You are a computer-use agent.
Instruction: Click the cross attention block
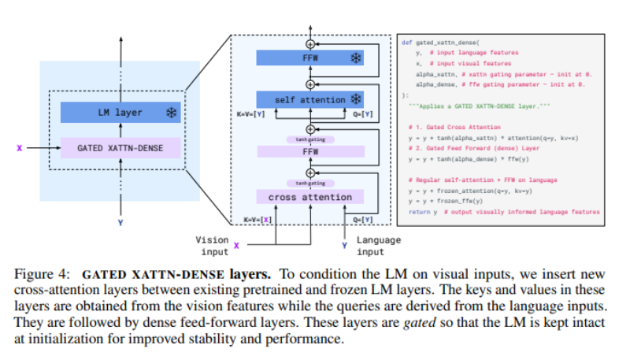(310, 196)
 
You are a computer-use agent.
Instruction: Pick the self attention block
(310, 100)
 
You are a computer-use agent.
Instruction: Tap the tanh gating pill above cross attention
(310, 183)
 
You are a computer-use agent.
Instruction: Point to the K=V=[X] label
(257, 218)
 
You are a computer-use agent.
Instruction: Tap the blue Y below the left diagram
(120, 223)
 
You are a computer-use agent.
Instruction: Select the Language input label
(379, 244)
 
